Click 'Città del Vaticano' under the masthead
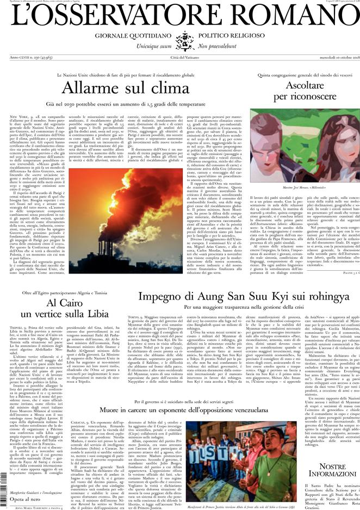tap(179, 58)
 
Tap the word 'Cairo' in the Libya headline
tap(64, 303)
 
